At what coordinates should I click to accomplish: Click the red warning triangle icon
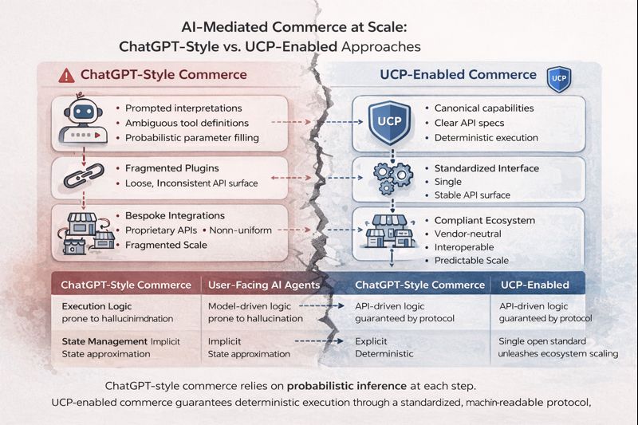(66, 76)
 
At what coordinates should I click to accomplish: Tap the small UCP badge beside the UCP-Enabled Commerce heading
(559, 79)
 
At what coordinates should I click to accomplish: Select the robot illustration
(83, 120)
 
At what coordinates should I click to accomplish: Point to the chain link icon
(84, 175)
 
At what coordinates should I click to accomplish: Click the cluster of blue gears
(392, 177)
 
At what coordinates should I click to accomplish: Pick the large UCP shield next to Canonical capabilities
(389, 122)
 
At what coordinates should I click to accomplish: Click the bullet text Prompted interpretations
(183, 108)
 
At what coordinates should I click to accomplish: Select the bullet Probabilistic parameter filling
(191, 138)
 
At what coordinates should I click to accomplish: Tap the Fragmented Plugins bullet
(171, 168)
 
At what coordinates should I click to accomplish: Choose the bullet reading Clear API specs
(469, 123)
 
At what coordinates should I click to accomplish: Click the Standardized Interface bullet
(486, 168)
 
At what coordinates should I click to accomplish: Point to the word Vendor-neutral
(467, 234)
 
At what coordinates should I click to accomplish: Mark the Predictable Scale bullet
(471, 260)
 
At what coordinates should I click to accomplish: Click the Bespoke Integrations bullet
(175, 215)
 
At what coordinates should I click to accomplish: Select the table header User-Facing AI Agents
(264, 285)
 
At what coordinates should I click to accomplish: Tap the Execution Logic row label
(96, 306)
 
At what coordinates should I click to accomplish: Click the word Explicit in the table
(371, 341)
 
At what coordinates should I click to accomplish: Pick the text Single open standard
(542, 341)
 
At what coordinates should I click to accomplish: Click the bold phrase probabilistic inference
(347, 386)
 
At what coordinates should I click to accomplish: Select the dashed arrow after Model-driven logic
(321, 306)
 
